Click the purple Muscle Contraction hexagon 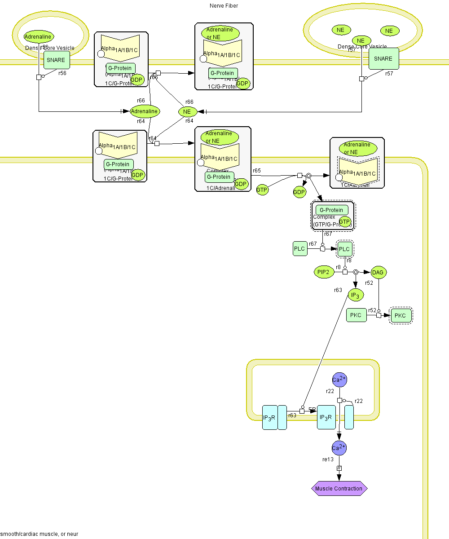coord(339,488)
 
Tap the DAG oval coord(379,272)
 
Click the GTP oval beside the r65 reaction coord(262,190)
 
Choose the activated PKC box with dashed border coord(401,315)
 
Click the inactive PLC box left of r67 coord(299,248)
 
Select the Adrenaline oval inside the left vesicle coord(39,37)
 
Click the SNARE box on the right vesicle coord(383,58)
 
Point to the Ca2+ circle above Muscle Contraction coord(339,448)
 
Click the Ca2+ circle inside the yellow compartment coord(339,380)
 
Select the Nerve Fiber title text coord(224,6)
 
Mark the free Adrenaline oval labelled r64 coord(145,111)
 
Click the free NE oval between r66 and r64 coord(188,111)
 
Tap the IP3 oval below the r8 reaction coord(356,295)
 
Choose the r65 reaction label coord(257,171)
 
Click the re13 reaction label coord(328,459)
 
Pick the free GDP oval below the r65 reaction coord(299,193)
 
